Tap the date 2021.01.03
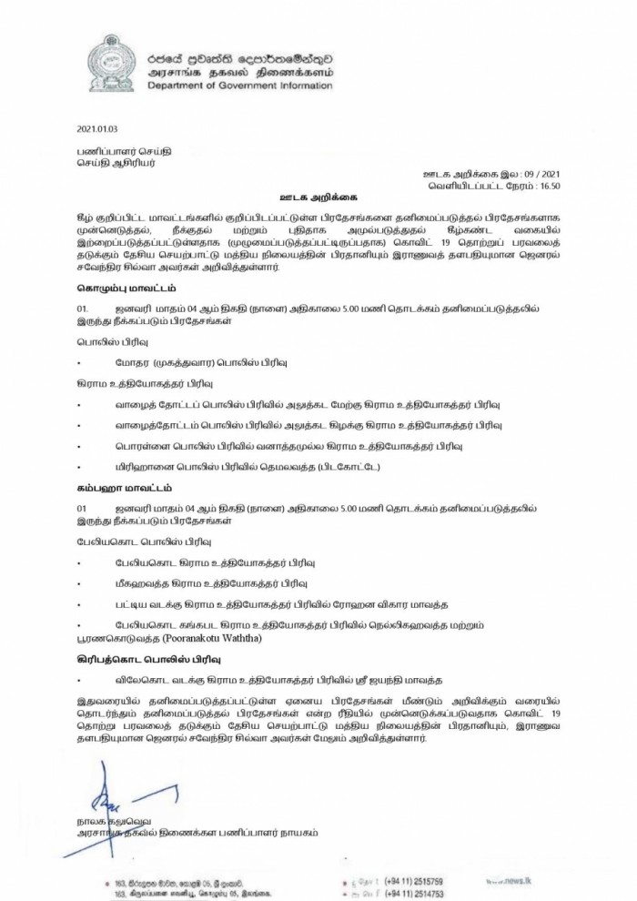point(99,131)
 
